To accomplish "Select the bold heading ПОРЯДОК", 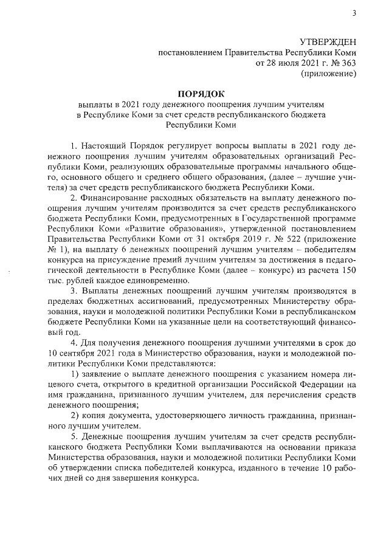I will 201,94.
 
